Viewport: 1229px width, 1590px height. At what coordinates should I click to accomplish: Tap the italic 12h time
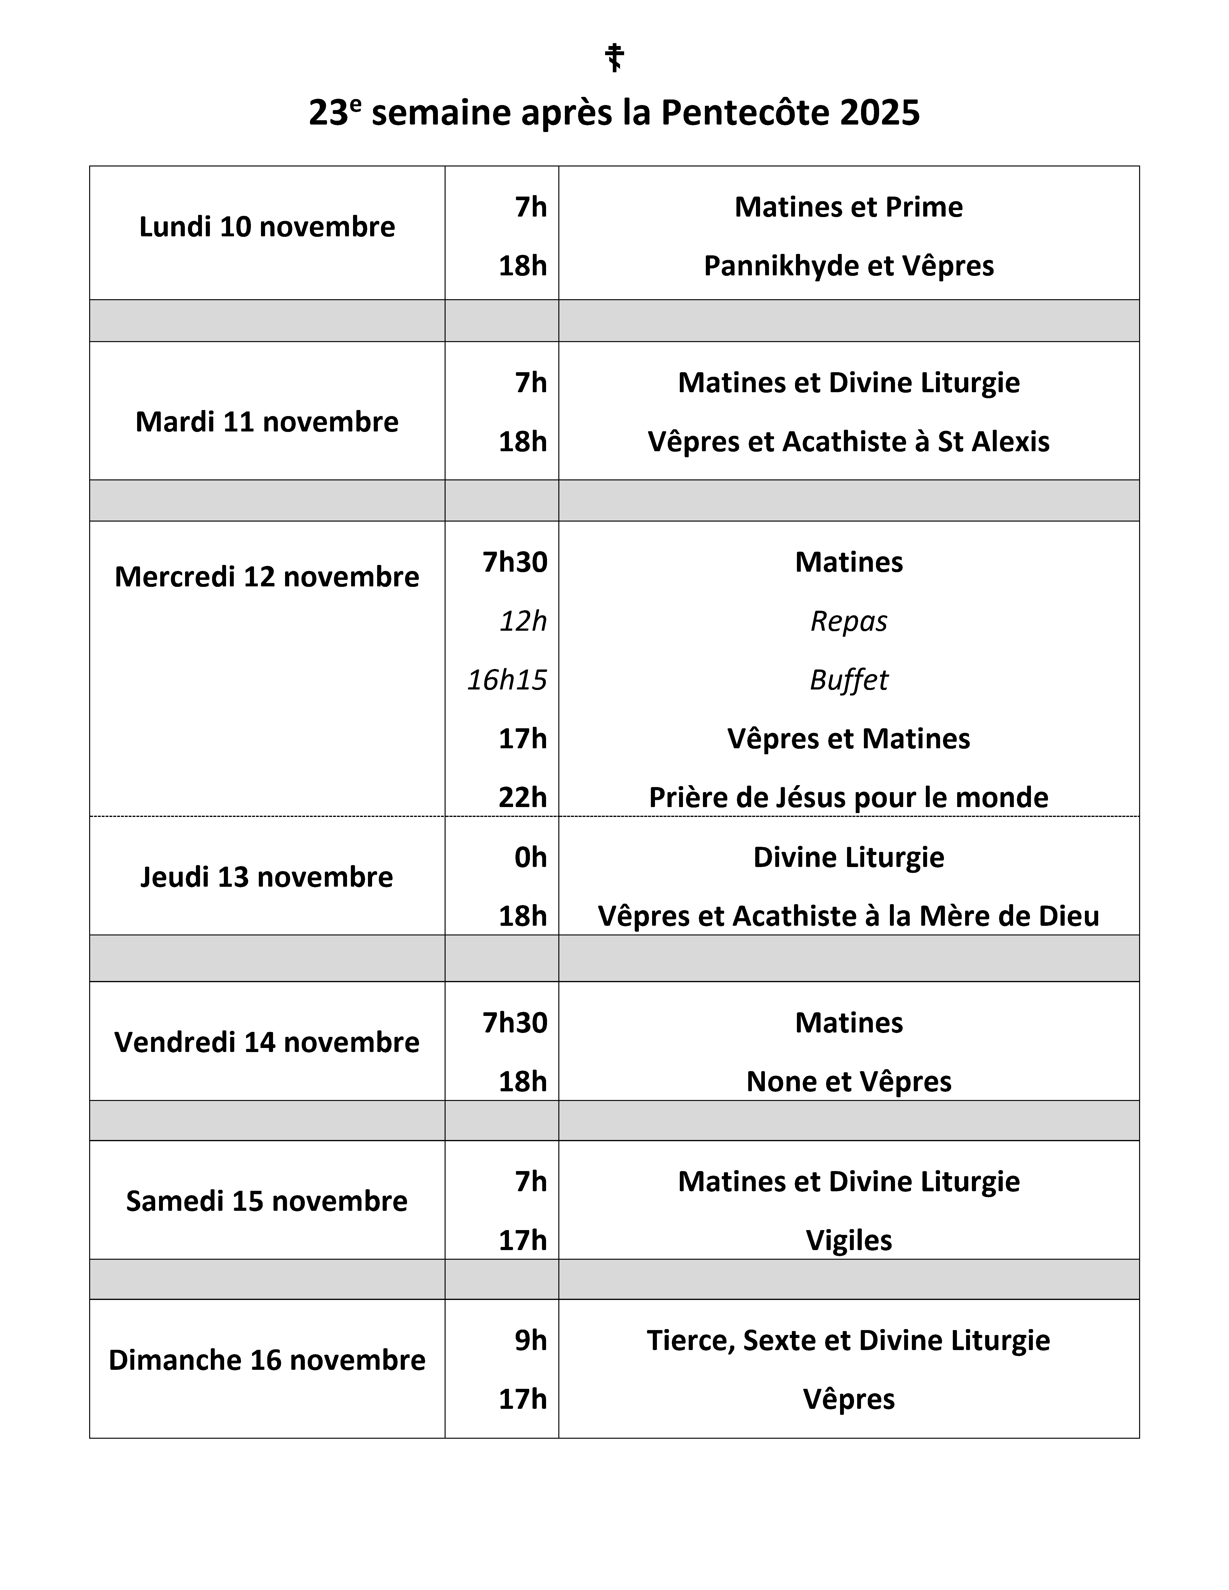[x=523, y=621]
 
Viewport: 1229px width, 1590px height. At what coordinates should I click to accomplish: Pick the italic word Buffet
[x=849, y=680]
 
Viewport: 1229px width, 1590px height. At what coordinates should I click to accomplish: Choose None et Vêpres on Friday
[x=849, y=1082]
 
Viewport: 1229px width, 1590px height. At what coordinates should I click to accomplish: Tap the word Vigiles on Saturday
[x=849, y=1240]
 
